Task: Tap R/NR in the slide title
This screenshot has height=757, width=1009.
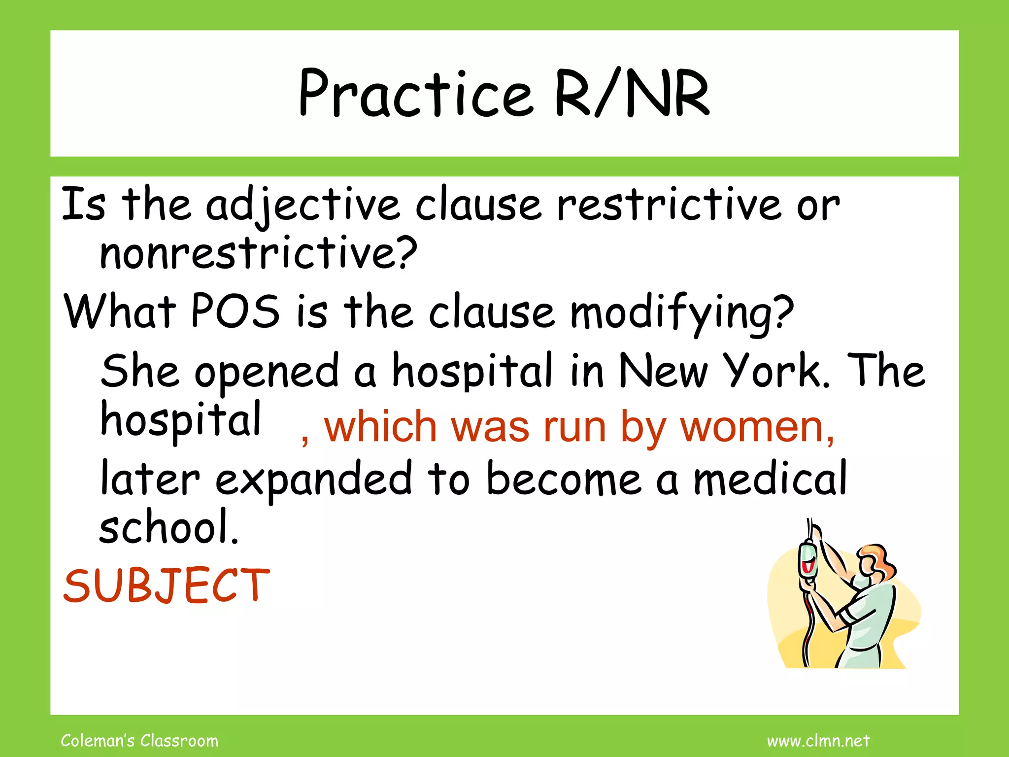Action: tap(632, 94)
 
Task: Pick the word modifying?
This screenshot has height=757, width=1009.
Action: tap(682, 312)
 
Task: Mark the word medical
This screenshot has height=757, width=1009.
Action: tap(770, 478)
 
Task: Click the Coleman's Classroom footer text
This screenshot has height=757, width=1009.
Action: tap(139, 741)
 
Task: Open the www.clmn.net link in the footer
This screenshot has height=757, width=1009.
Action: tap(818, 741)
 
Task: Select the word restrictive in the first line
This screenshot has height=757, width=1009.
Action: tap(669, 205)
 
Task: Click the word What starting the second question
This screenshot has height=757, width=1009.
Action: tap(120, 311)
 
